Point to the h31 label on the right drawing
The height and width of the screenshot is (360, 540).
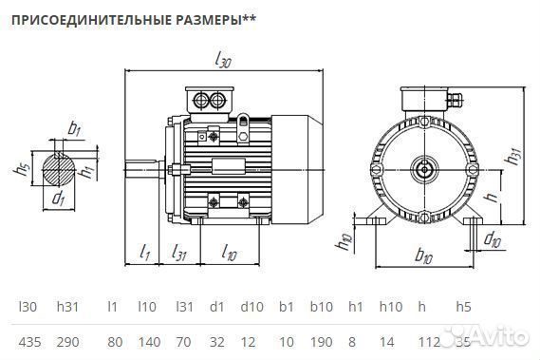[x=513, y=158]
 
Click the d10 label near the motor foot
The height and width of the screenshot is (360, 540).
[x=492, y=238]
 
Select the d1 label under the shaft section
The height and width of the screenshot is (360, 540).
[x=59, y=199]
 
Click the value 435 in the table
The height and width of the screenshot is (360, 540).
[x=29, y=339]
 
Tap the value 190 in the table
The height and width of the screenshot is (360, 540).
[x=321, y=339]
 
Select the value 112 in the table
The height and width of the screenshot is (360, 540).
[x=426, y=339]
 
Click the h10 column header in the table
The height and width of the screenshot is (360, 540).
[x=390, y=308]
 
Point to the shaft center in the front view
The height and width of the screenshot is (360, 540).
[x=423, y=170]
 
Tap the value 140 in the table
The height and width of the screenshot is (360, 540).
[x=146, y=339]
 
